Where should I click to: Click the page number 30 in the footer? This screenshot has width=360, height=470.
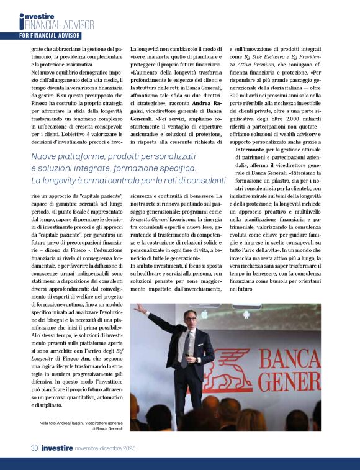coord(35,448)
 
